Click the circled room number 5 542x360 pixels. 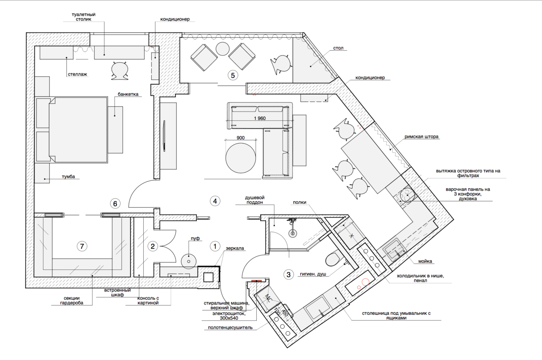point(233,76)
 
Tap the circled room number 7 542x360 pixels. point(82,246)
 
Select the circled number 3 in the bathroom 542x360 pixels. point(288,275)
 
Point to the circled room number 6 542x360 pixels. point(115,204)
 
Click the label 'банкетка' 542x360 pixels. point(128,94)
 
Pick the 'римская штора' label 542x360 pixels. point(421,137)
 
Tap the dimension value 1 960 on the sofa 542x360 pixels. point(260,118)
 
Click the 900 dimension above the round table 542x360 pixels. point(241,138)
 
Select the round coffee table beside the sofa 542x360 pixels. point(241,158)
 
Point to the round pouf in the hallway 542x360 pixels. point(189,261)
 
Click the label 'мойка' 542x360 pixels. point(425,261)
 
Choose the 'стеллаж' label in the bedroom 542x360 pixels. point(77,74)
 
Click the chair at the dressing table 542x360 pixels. point(119,71)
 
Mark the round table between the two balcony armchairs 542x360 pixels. point(223,49)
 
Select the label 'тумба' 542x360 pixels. point(68,177)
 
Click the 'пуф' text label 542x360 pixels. point(195,238)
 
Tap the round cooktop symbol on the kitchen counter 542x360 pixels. point(407,195)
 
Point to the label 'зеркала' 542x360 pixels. point(235,248)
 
